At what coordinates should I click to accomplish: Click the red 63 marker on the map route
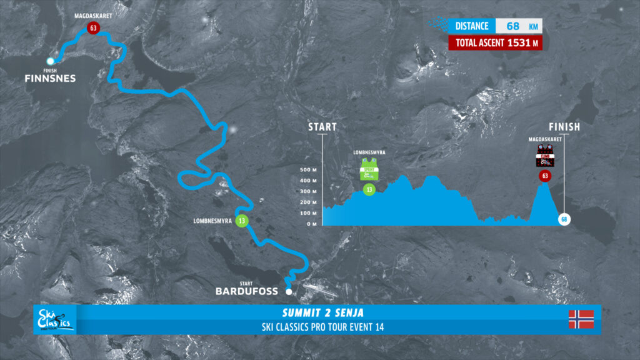tap(93, 28)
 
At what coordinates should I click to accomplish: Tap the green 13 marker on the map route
tap(241, 221)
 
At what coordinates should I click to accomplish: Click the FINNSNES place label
tap(50, 79)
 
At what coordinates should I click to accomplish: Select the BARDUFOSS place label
tap(246, 291)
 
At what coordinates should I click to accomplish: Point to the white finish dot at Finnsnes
tap(51, 61)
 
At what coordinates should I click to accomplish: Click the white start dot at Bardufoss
tap(288, 292)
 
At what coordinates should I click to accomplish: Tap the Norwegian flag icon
tap(580, 319)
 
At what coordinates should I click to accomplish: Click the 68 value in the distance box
tap(512, 26)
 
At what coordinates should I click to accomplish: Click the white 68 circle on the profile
tap(564, 219)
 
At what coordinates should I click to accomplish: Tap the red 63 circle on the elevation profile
tap(545, 176)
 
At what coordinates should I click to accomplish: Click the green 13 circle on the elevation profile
tap(369, 189)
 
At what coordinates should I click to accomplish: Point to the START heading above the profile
tap(322, 127)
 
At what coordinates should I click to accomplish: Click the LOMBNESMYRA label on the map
tap(214, 221)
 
